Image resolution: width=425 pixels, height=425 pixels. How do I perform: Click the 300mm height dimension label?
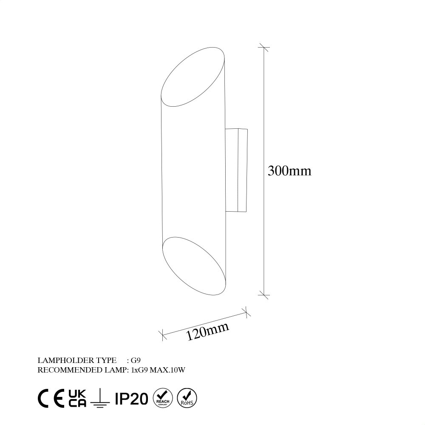(x=290, y=171)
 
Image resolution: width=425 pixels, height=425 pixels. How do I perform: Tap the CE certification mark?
(x=51, y=398)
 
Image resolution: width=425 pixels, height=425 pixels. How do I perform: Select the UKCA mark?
(x=76, y=398)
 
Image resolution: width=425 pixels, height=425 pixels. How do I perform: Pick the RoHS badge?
(x=186, y=398)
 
